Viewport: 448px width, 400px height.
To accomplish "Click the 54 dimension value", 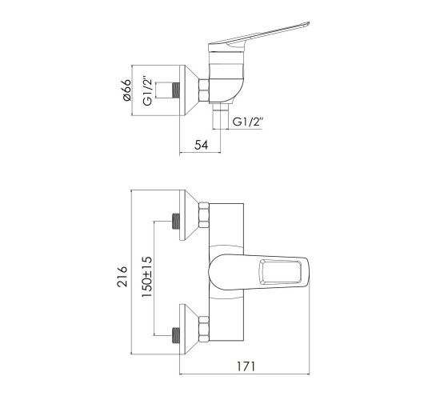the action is [201, 145].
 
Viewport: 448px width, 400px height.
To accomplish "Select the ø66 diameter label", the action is [126, 90].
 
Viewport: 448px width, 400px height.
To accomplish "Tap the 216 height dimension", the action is [122, 276].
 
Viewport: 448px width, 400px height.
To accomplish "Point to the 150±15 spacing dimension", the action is [147, 277].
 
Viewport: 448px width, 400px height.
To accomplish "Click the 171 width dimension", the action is [246, 366].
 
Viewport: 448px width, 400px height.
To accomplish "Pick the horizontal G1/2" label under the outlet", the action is [248, 122].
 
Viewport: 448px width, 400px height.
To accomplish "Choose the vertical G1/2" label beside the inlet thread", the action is [148, 91].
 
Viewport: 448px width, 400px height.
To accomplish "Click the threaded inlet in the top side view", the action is [176, 91].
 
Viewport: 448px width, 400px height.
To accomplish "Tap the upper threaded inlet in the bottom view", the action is [176, 222].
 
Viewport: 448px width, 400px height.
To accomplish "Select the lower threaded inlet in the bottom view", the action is [176, 335].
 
